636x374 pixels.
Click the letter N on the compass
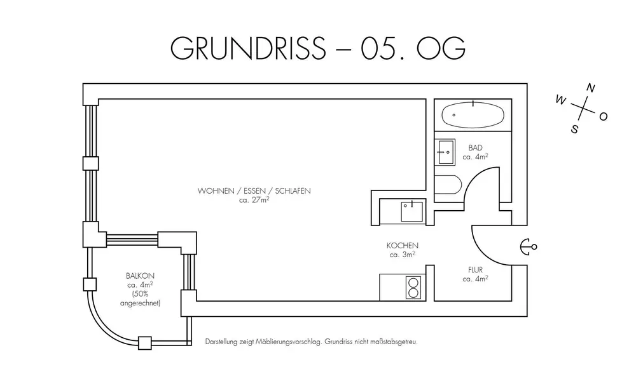pos(591,88)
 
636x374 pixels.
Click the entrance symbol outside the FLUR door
pos(528,246)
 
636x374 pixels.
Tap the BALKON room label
pos(141,276)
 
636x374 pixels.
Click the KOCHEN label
pos(402,246)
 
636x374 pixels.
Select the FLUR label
pos(475,269)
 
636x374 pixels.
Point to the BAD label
pos(475,147)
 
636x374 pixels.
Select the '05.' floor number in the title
pos(381,49)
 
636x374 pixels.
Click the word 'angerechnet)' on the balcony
pos(141,304)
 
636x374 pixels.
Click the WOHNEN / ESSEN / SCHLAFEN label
pos(254,190)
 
